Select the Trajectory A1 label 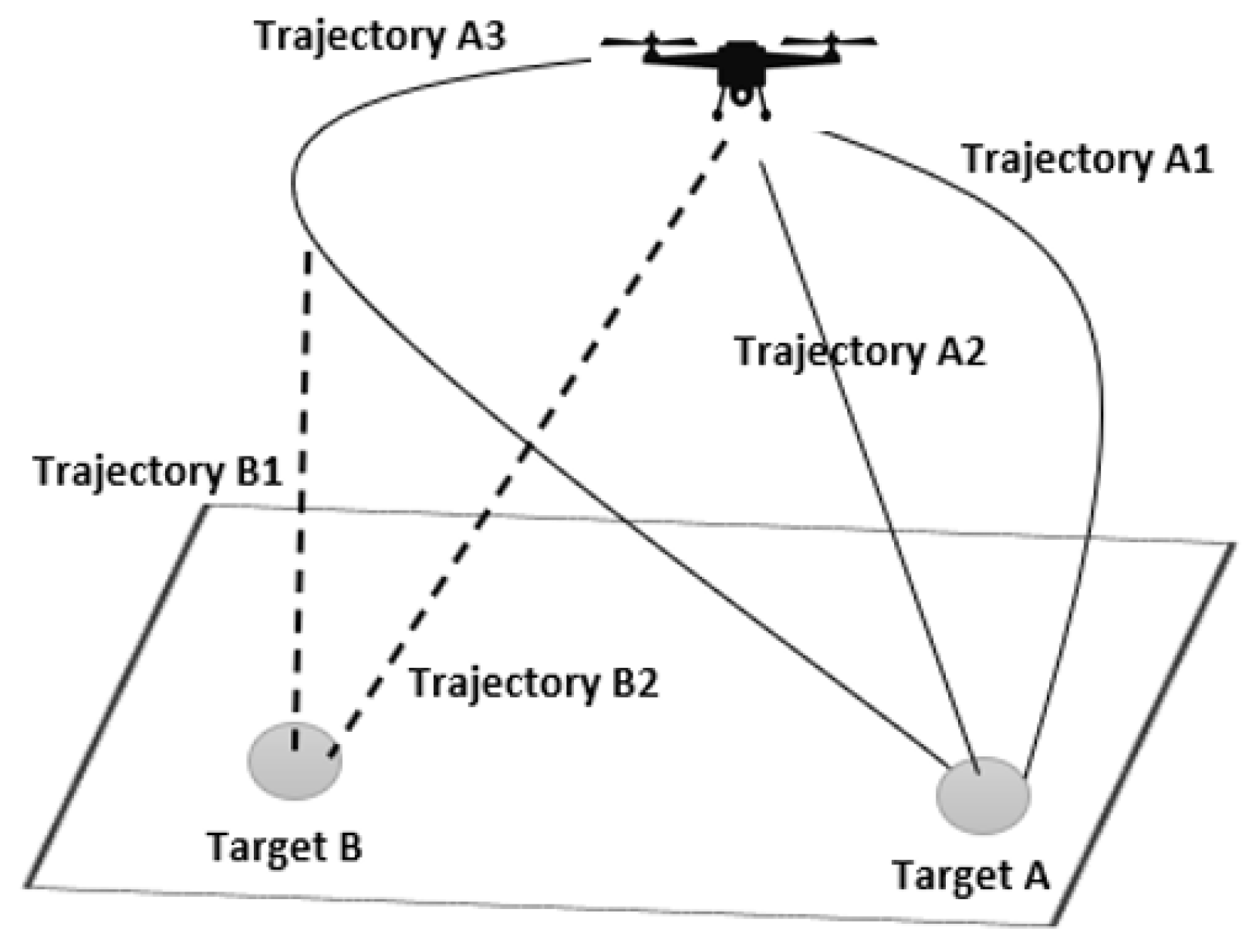coord(1087,160)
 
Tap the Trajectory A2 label coord(859,352)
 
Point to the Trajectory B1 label coord(158,472)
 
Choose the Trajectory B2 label coord(534,683)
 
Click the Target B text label coord(285,847)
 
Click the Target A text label coord(970,875)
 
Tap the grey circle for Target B coord(294,762)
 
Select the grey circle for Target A coord(983,796)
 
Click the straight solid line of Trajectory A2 coord(872,463)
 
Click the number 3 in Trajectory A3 coord(494,37)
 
